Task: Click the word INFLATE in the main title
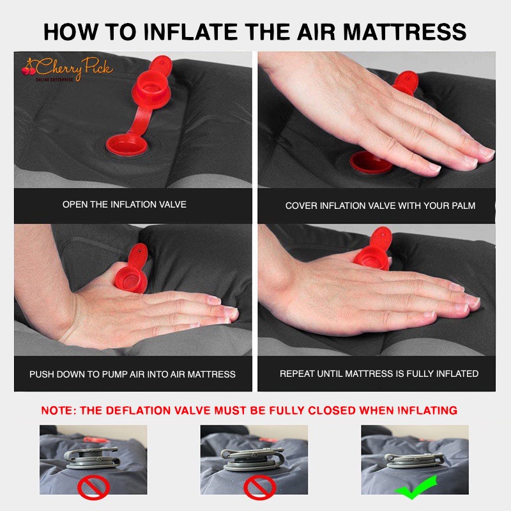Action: tap(191, 32)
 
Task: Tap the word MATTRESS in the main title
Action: tap(404, 32)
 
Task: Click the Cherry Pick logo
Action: tap(68, 69)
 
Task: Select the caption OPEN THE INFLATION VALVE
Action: tap(125, 204)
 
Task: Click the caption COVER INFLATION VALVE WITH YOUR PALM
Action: tap(380, 206)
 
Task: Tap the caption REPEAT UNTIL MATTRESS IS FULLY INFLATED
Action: tap(379, 374)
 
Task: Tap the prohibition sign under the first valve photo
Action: tap(93, 487)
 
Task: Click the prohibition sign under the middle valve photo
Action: tap(260, 487)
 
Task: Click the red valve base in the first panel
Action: tap(127, 145)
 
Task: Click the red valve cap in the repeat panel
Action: tap(374, 249)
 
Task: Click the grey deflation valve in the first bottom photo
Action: tap(93, 458)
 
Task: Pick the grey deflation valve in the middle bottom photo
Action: tap(253, 459)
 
